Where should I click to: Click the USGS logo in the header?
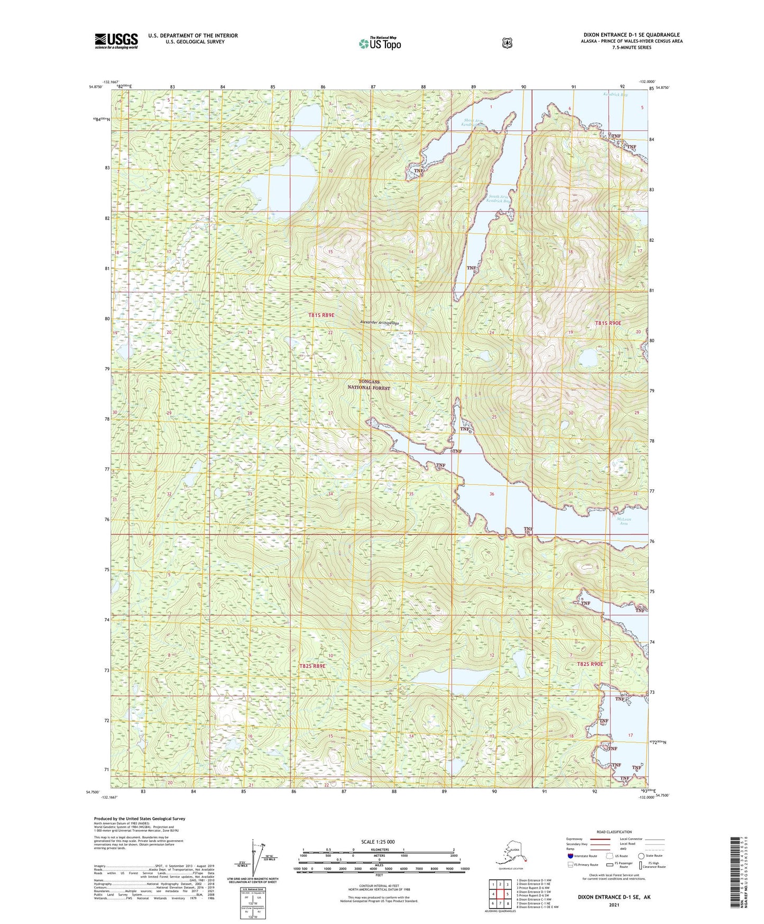pos(116,41)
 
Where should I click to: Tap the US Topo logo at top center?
pos(379,43)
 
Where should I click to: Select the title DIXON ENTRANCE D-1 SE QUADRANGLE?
pos(631,35)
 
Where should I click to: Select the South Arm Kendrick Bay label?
pos(499,199)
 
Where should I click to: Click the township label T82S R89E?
pos(312,666)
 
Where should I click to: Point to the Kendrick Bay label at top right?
pos(615,95)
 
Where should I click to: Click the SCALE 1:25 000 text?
pos(378,841)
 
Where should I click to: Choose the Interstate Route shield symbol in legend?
pos(570,855)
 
